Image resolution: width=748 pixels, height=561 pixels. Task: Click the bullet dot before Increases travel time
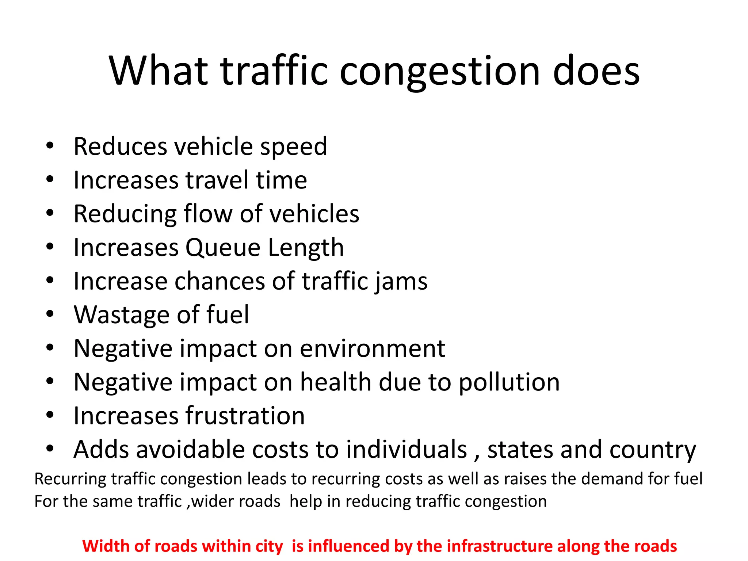50,179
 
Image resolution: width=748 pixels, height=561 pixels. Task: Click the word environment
373,349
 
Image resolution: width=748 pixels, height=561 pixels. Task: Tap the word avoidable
188,450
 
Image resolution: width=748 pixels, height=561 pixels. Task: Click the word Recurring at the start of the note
70,479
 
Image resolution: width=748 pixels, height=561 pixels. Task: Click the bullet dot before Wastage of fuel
50,314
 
